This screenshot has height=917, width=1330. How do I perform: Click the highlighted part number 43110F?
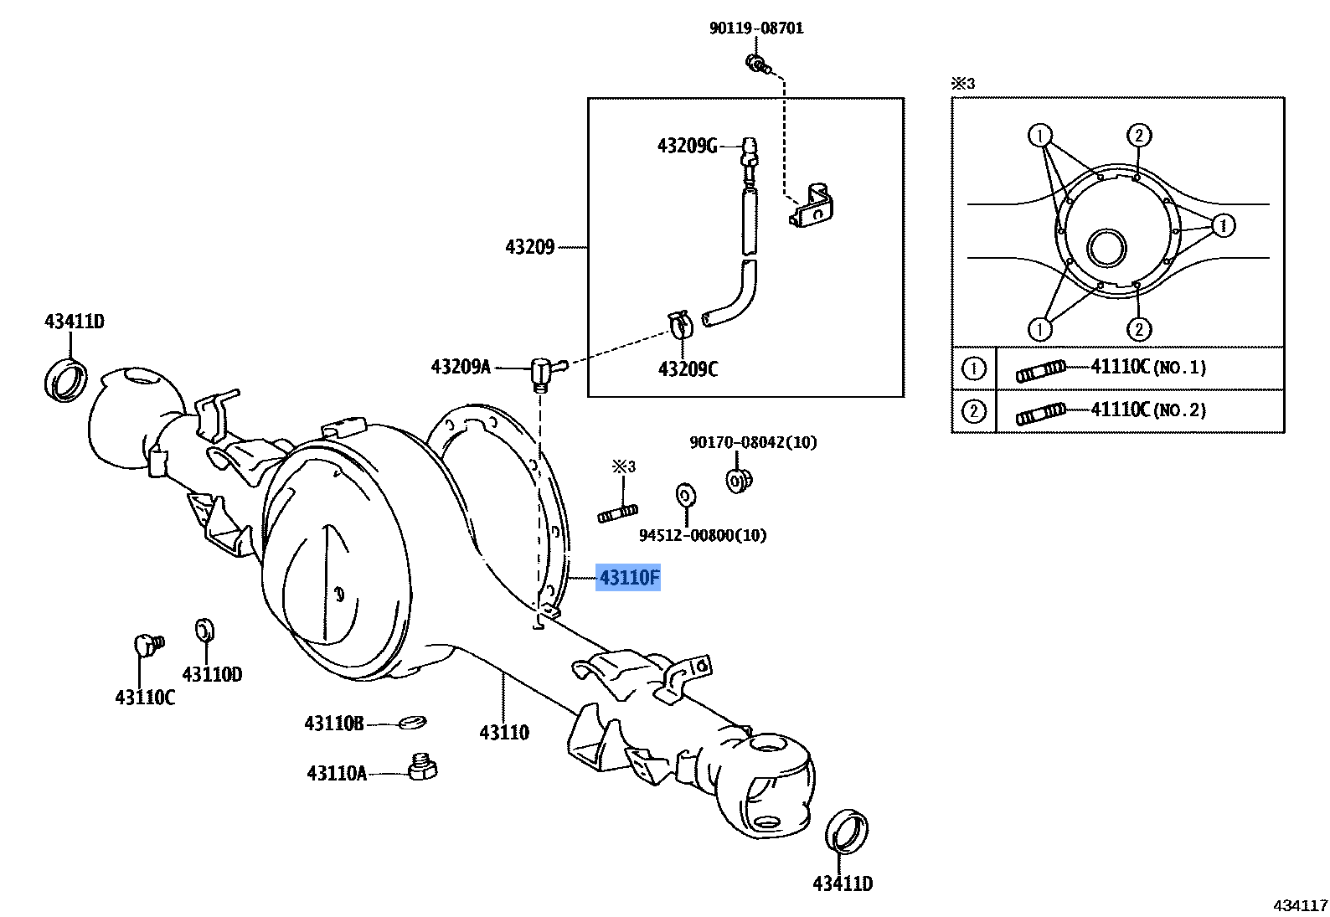[628, 578]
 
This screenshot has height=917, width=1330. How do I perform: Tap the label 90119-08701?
[756, 28]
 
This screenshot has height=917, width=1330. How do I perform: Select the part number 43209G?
[687, 146]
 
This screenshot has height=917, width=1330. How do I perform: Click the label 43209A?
[461, 367]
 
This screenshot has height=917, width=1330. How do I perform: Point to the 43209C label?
[688, 369]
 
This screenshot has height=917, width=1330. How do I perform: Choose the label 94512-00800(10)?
[703, 535]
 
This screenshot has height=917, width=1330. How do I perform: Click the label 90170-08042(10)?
[753, 442]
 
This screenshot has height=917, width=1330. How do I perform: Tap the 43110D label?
[212, 674]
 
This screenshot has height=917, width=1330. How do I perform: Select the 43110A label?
[337, 773]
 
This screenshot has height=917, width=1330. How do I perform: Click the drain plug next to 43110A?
[422, 767]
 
